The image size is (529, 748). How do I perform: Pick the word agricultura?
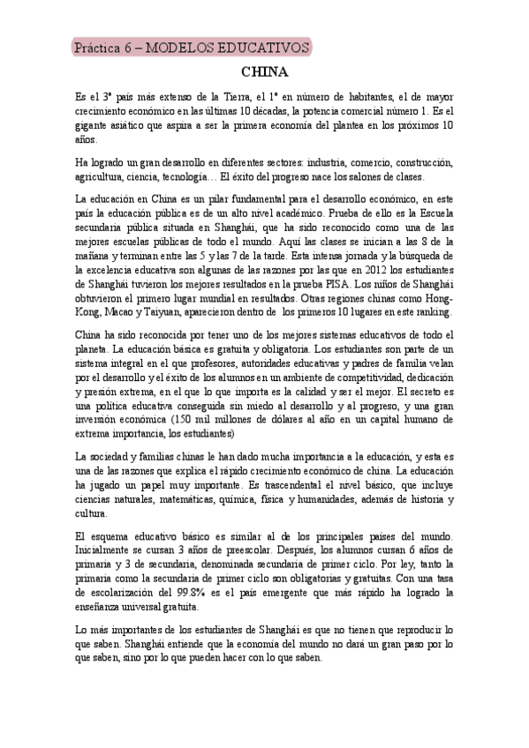pos(104,176)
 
